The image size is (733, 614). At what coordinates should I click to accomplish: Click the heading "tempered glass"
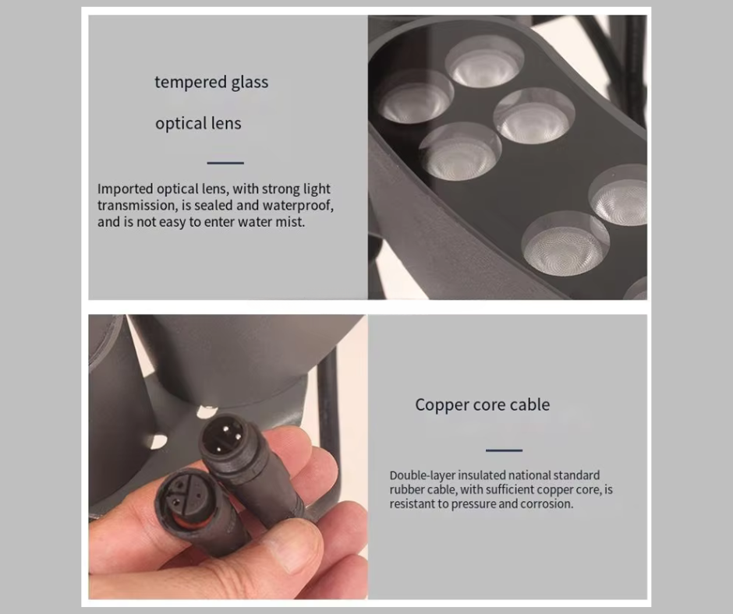(x=211, y=83)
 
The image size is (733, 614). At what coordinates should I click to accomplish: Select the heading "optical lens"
(x=198, y=123)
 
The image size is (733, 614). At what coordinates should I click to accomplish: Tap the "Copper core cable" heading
(x=483, y=404)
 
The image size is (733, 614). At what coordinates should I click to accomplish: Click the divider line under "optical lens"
(x=225, y=163)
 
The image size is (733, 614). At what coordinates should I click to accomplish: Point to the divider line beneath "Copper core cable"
(x=504, y=450)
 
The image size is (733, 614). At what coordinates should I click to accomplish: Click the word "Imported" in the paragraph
(x=126, y=189)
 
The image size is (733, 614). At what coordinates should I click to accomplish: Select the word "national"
(x=529, y=475)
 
